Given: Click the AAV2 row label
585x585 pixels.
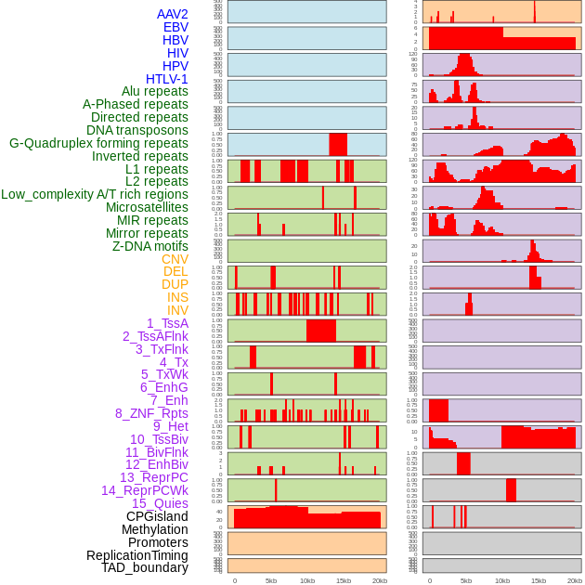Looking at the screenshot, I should pos(173,14).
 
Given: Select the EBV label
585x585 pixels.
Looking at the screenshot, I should pos(175,27).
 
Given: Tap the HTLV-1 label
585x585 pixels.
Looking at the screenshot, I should pos(167,79).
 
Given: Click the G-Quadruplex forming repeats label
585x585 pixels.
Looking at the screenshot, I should pos(98,143).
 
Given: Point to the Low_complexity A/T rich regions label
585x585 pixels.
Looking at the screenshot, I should pos(95,194).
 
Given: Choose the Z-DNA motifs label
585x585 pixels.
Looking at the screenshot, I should pos(150,246).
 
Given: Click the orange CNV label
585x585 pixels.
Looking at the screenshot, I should pos(175,259).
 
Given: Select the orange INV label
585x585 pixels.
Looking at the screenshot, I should pos(177,310).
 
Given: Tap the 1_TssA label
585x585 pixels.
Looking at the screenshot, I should pos(167,323).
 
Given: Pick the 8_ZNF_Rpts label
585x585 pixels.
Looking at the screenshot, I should pos(151,413).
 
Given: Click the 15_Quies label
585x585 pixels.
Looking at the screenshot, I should pos(160,503).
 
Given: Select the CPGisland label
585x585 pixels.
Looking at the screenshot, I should pos(157,516).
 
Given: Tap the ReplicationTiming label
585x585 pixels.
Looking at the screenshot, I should pos(136,555).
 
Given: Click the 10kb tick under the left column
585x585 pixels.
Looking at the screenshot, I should pos(307,580).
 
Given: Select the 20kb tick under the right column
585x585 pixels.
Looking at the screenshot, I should pos(575,580).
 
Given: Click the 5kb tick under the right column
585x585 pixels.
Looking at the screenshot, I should pos(466,580).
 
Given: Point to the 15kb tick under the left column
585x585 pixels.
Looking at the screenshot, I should pos(344,580).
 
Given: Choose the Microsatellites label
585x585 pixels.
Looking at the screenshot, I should pos(147,207).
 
